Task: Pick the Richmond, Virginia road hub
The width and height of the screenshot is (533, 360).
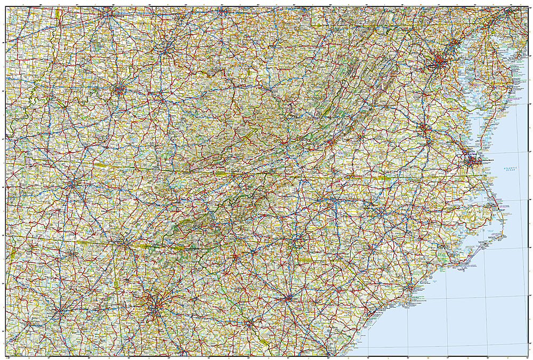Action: [x=424, y=129]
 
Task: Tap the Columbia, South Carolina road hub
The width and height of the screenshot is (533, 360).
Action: [x=288, y=299]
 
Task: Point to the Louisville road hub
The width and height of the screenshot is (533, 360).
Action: [x=118, y=90]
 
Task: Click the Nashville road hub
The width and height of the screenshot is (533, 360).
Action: [x=73, y=184]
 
